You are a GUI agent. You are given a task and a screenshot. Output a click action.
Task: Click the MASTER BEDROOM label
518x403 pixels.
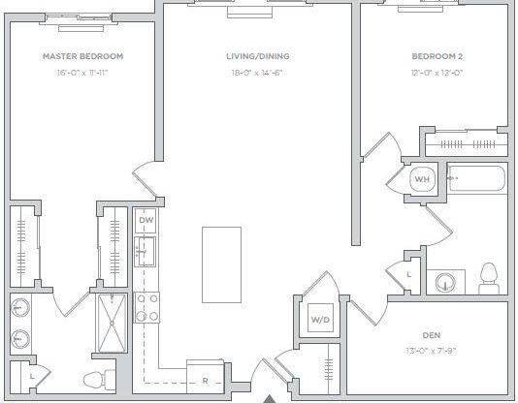pyautogui.click(x=82, y=56)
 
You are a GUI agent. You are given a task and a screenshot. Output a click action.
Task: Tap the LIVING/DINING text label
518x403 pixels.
pyautogui.click(x=258, y=56)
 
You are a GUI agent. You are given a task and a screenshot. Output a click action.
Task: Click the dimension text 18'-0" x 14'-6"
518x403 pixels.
pyautogui.click(x=258, y=73)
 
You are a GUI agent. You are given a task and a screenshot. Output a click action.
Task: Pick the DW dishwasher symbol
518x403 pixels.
pyautogui.click(x=146, y=221)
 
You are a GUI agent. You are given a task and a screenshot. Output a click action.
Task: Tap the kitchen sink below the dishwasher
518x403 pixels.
pyautogui.click(x=146, y=254)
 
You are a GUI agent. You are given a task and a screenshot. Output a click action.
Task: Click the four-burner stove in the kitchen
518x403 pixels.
pyautogui.click(x=146, y=308)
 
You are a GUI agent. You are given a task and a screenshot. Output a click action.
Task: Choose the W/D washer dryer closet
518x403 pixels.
pyautogui.click(x=319, y=319)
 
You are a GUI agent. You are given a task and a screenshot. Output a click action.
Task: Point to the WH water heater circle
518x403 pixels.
pyautogui.click(x=422, y=180)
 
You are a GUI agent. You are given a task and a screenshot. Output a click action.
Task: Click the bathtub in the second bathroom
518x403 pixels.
pyautogui.click(x=475, y=179)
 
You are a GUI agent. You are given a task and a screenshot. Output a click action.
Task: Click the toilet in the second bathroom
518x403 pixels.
pyautogui.click(x=489, y=276)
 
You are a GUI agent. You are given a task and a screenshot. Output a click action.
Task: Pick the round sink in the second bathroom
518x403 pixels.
pyautogui.click(x=445, y=283)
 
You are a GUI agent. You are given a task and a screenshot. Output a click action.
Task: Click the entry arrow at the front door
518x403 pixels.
pyautogui.click(x=270, y=397)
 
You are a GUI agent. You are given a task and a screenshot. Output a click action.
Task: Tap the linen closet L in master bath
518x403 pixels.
pyautogui.click(x=32, y=374)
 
